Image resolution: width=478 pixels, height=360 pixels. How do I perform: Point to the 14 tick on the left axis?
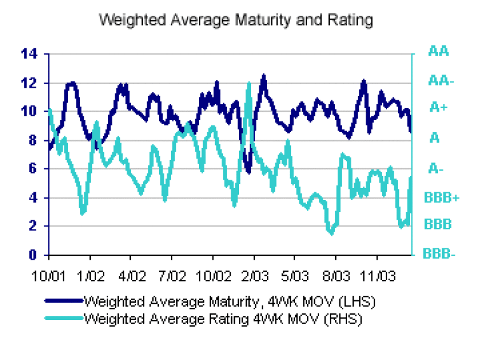click(30, 54)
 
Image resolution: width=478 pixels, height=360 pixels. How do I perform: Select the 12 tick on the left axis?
click(30, 83)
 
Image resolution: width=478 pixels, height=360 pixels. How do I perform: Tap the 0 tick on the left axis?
click(34, 255)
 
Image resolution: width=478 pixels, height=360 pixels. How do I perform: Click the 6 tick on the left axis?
click(34, 169)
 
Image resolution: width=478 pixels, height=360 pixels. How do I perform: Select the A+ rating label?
click(439, 108)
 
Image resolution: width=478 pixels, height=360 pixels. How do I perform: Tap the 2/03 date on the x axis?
click(254, 277)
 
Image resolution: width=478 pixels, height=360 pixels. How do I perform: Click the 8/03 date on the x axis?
click(336, 277)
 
